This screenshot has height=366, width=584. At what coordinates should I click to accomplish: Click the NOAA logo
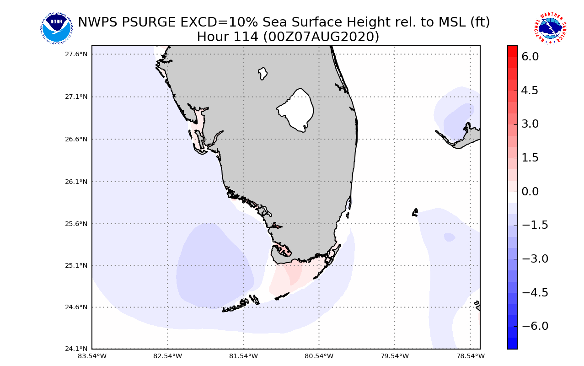tap(56, 28)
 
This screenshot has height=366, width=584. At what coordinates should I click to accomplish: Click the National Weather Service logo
tap(550, 28)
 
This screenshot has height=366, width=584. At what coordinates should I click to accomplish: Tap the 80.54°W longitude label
tap(319, 356)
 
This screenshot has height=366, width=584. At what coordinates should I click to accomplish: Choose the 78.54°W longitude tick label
tap(471, 356)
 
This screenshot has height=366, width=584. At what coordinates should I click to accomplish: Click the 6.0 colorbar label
tap(530, 56)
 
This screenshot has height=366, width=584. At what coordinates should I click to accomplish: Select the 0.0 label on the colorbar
tap(530, 191)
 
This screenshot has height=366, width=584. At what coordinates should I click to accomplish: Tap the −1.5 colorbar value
tap(531, 225)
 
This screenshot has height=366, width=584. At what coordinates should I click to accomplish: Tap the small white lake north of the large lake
tap(263, 73)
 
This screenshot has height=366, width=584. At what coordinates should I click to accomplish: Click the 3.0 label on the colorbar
tap(530, 124)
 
